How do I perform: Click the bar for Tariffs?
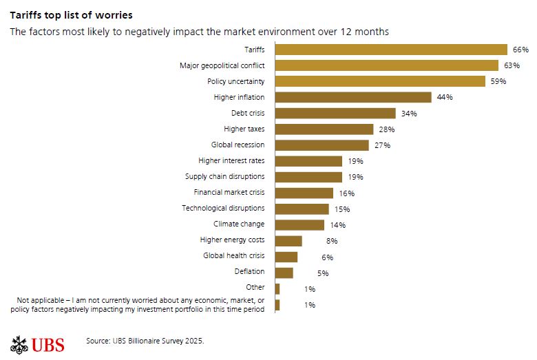(x=391, y=49)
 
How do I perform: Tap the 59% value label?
(x=498, y=81)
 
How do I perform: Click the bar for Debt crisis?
(x=335, y=113)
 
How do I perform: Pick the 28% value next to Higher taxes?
(x=386, y=129)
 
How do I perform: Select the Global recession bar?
(x=322, y=145)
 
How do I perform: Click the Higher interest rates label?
(x=231, y=161)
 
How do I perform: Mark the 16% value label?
(x=346, y=193)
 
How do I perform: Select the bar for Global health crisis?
(x=286, y=257)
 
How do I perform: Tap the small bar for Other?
(x=277, y=288)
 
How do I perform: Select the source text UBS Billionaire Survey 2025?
(x=145, y=341)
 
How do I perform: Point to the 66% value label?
(x=520, y=50)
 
